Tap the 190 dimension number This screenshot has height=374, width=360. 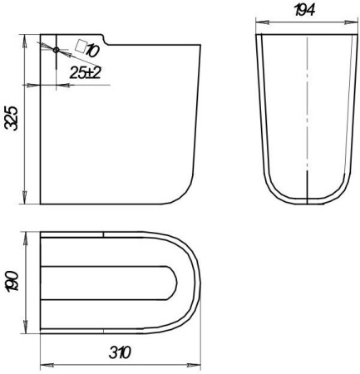[x=11, y=283]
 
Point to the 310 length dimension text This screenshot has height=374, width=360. [x=121, y=352]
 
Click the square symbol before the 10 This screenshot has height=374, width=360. [x=80, y=45]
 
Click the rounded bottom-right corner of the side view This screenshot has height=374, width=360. [x=185, y=193]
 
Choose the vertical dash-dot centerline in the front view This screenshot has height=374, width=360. [x=308, y=116]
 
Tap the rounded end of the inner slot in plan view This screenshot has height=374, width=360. [x=173, y=283]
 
